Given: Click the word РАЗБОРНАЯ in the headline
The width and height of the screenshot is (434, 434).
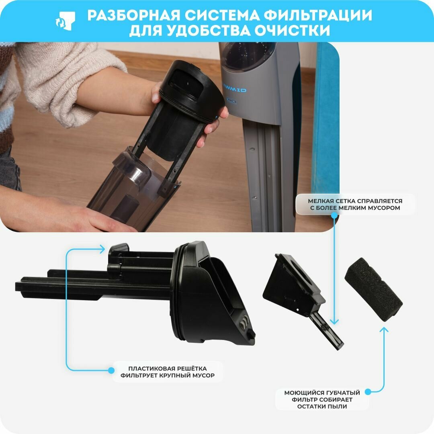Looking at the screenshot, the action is [x=134, y=16].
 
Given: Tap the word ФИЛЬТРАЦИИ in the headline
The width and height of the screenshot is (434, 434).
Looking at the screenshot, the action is [x=318, y=16].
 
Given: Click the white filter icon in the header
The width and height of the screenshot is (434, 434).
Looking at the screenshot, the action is [x=66, y=21].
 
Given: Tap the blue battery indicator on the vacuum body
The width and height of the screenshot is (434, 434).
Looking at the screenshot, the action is [x=232, y=101].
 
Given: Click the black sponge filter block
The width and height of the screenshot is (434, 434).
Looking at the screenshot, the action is [x=373, y=289].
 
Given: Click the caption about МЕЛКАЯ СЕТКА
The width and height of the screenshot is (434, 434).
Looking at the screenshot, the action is [x=355, y=204].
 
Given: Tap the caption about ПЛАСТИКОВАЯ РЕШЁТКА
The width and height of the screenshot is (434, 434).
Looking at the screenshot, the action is [x=168, y=372].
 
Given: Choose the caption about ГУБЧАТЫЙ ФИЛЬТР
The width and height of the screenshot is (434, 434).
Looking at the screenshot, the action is [x=322, y=399].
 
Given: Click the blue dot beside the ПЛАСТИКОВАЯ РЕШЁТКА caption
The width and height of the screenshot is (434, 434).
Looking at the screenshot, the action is [x=111, y=371].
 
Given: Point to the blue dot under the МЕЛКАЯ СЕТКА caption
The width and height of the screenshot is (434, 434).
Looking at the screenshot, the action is [x=334, y=215].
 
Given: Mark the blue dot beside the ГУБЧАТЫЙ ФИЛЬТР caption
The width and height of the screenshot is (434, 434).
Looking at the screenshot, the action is [x=368, y=392].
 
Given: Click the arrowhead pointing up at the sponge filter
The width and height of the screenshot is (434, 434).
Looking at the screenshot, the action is [x=384, y=330].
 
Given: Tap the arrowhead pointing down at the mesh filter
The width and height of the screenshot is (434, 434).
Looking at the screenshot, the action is [x=334, y=322].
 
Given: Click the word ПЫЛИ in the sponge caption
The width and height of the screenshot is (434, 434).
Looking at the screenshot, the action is [x=338, y=406].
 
